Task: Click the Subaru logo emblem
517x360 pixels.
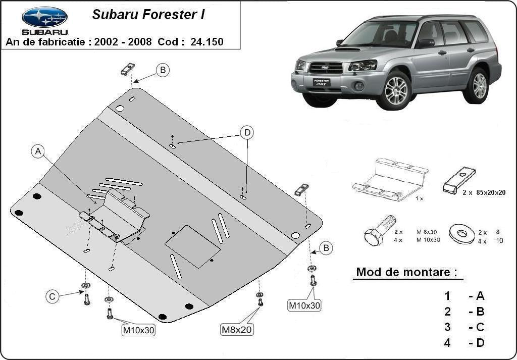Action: (44, 17)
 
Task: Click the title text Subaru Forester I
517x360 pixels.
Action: (148, 15)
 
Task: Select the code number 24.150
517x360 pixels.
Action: (207, 42)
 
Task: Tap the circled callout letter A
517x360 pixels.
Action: (38, 151)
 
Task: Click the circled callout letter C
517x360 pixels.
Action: (52, 296)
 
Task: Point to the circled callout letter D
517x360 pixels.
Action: (247, 133)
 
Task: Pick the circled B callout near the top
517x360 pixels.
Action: (162, 70)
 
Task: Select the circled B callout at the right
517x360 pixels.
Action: (326, 248)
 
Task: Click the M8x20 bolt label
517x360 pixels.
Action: (237, 330)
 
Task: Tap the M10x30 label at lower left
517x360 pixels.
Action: (138, 331)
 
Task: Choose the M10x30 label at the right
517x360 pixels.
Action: (304, 305)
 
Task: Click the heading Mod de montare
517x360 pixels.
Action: (407, 272)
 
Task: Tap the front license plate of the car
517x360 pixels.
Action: (321, 82)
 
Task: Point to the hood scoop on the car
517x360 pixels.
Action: (348, 49)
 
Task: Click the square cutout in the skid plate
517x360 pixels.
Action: (192, 246)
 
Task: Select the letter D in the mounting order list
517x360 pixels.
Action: (480, 343)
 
